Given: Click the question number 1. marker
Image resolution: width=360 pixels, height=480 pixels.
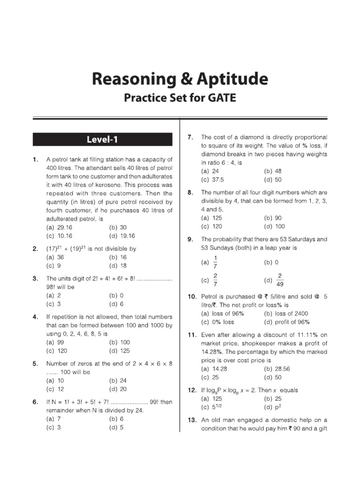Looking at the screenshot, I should pyautogui.click(x=36, y=159).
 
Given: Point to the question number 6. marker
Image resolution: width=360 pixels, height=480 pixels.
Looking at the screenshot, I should pyautogui.click(x=36, y=402).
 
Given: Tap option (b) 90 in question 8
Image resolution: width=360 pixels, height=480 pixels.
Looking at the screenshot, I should pyautogui.click(x=273, y=218).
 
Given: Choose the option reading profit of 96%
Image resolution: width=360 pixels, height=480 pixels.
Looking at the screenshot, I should pyautogui.click(x=287, y=322).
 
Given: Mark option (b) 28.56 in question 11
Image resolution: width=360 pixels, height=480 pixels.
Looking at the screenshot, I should pyautogui.click(x=277, y=369).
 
